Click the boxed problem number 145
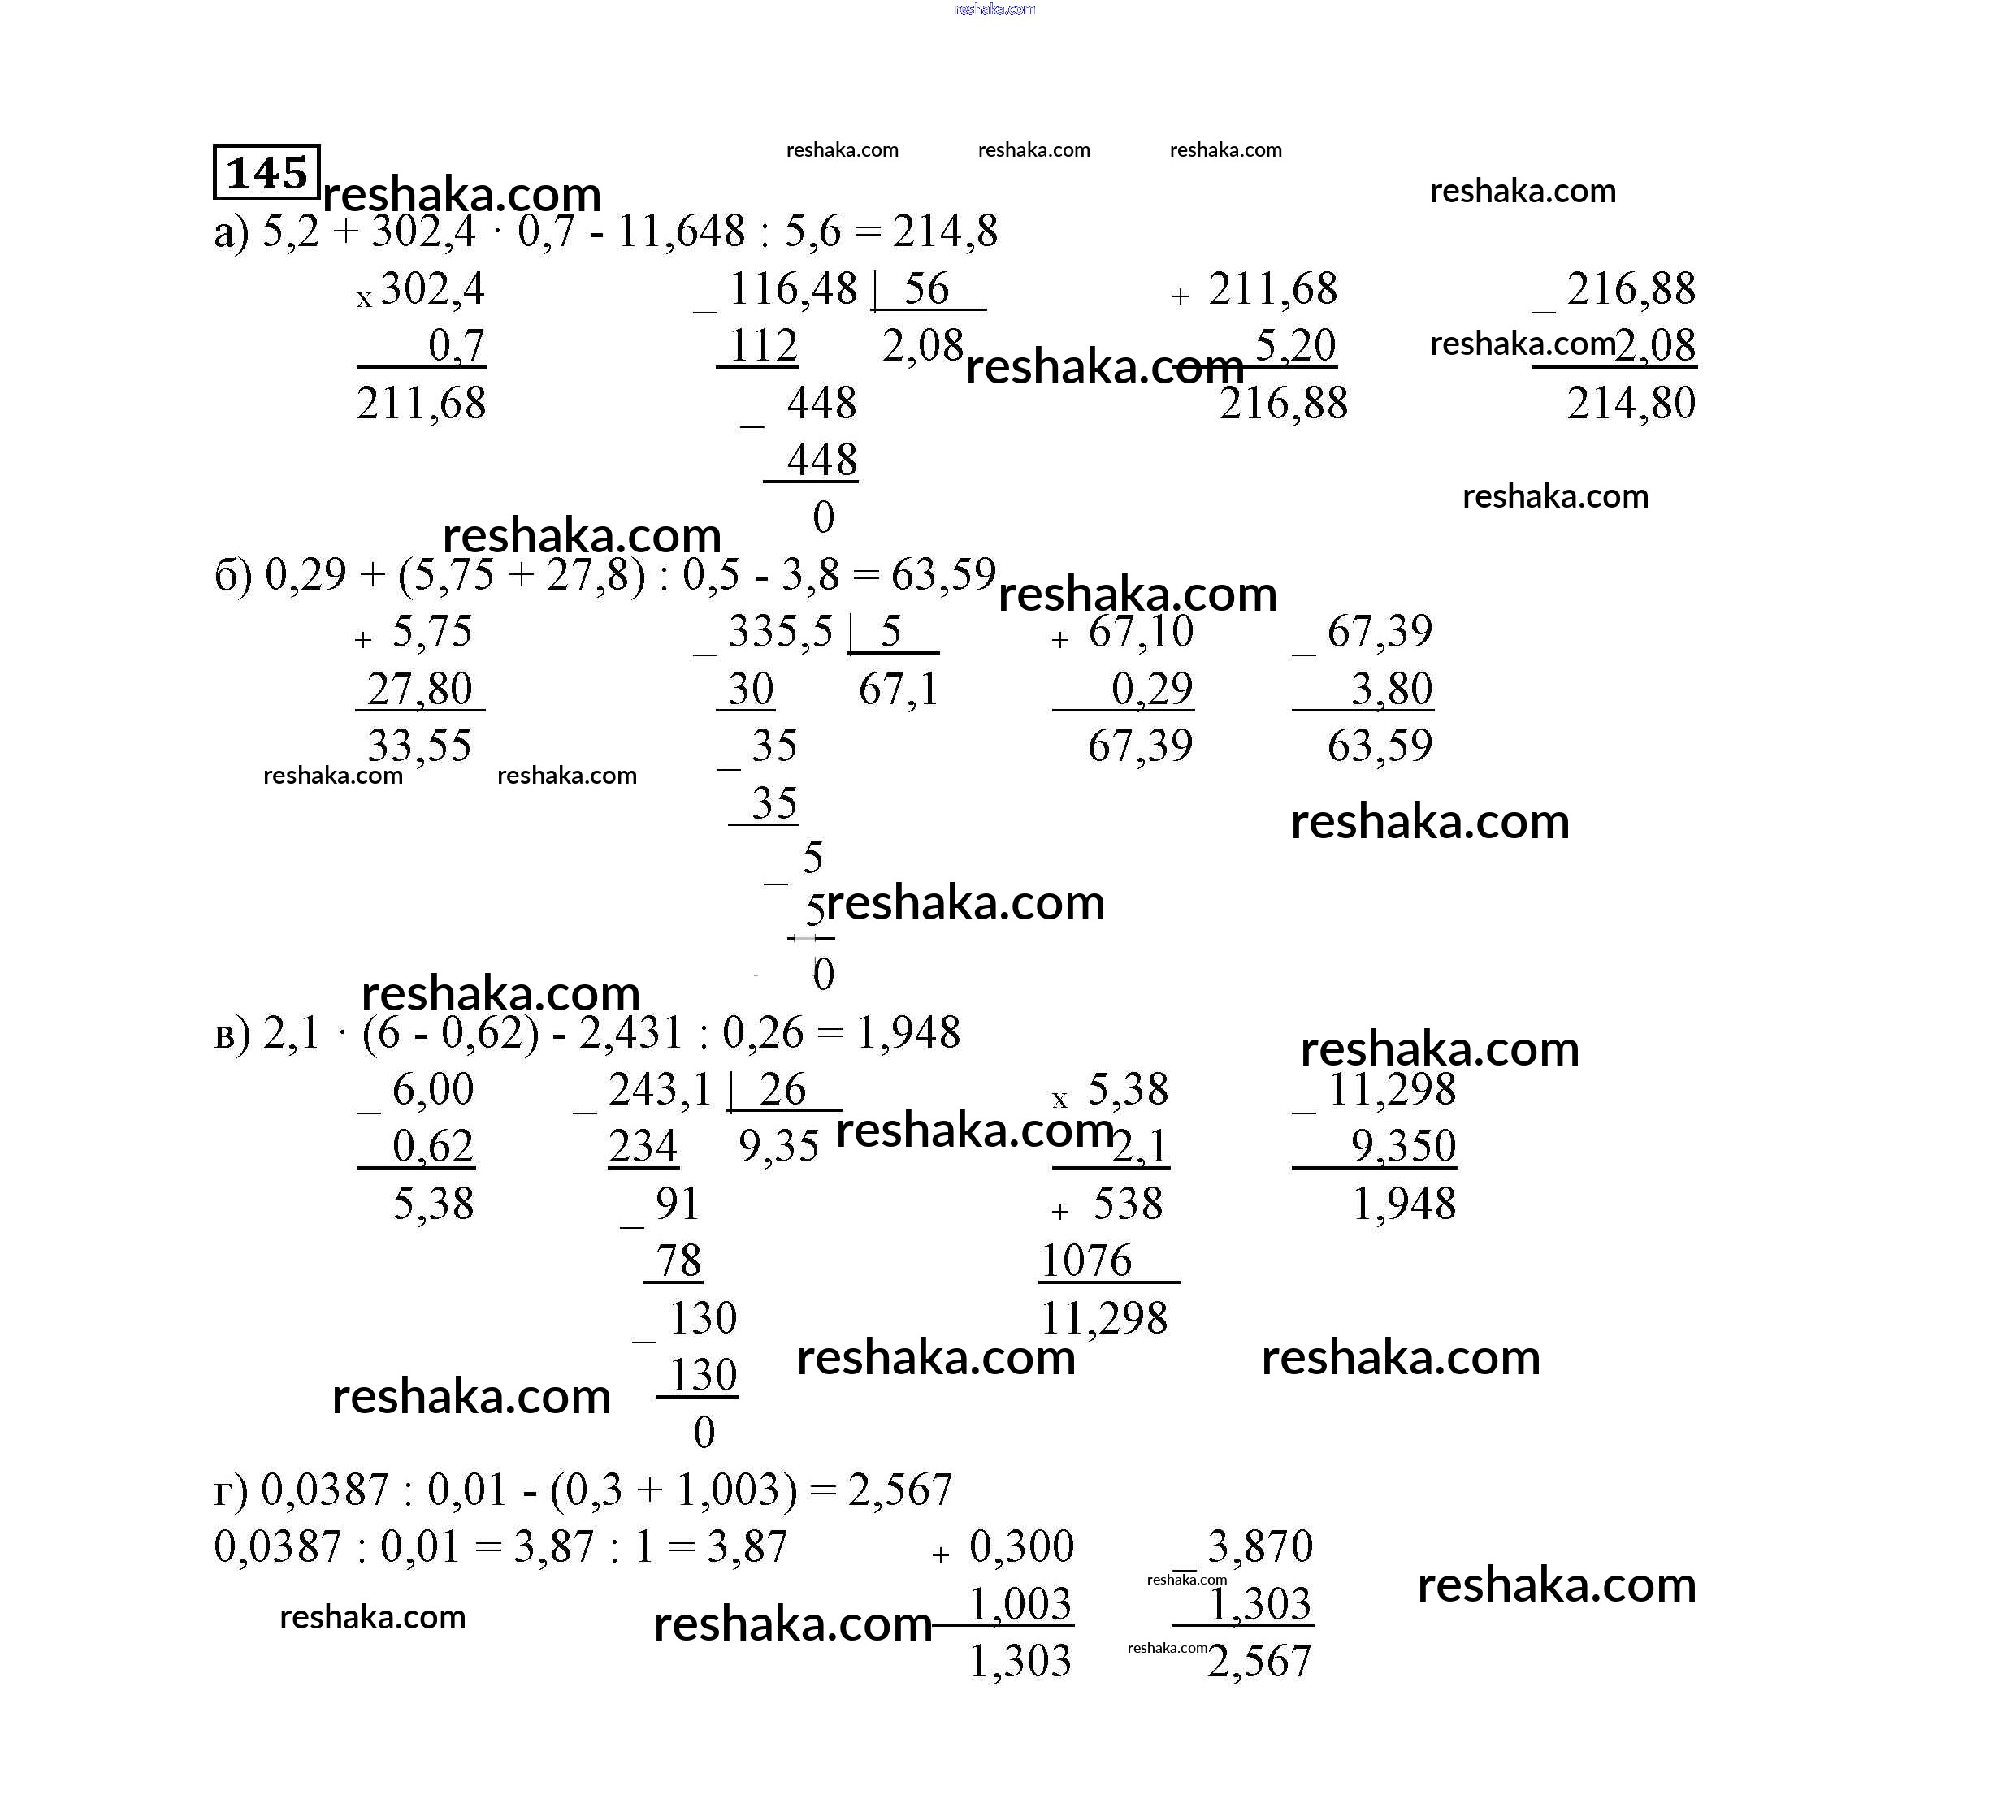tap(266, 173)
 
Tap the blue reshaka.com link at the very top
tap(994, 9)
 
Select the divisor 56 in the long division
tap(926, 289)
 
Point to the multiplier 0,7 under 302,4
tap(456, 346)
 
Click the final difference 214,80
tap(1631, 404)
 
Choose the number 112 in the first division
tap(763, 346)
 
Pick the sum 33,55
tap(419, 746)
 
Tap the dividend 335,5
tap(780, 631)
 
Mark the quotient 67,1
tap(898, 689)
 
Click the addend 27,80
tap(419, 689)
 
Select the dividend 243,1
tap(660, 1090)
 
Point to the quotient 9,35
tap(778, 1146)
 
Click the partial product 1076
tap(1085, 1260)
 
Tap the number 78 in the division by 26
tap(678, 1260)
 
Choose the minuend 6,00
tap(433, 1090)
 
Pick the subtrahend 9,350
tap(1403, 1146)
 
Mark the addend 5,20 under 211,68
tap(1294, 346)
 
